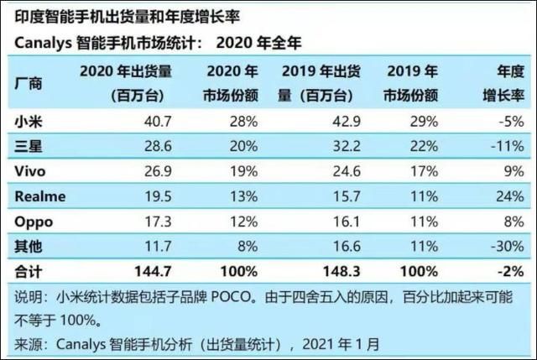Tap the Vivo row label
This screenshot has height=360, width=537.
click(31, 171)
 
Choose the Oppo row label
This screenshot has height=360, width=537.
click(34, 221)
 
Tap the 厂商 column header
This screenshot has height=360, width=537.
click(29, 83)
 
